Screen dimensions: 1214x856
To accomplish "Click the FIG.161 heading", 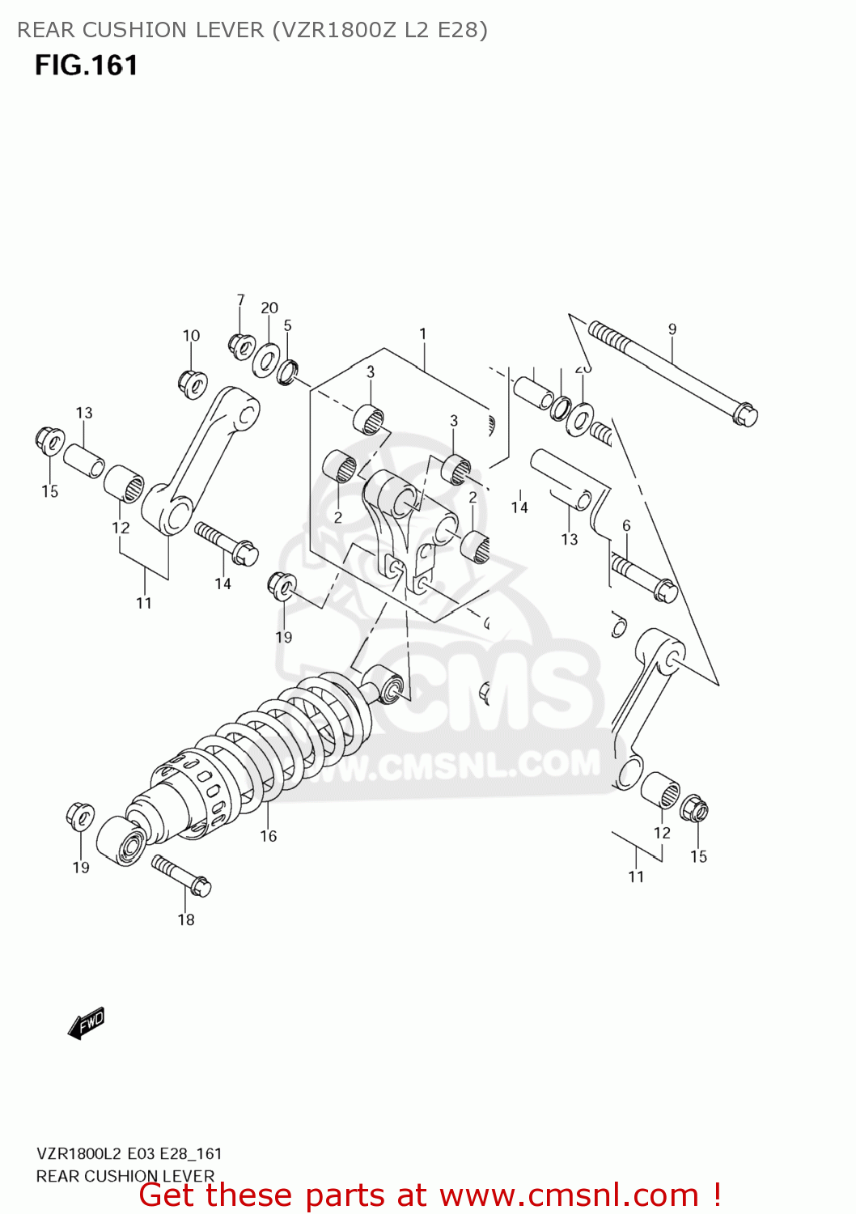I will (x=86, y=66).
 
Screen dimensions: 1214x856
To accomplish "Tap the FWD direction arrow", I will (x=87, y=1022).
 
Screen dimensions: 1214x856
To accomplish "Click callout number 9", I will (x=672, y=329).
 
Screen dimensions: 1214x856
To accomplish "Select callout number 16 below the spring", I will (x=269, y=836).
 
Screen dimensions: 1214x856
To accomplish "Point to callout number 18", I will (x=186, y=919).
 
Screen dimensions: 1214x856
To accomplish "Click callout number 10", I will (x=191, y=336).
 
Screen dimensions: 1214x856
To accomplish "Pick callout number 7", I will (x=240, y=300).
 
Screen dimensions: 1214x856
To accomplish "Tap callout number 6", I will (x=626, y=526).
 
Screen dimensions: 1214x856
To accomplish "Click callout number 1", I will (x=422, y=333).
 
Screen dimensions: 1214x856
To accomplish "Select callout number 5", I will (x=287, y=325).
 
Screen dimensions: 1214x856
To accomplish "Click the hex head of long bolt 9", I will (x=745, y=414).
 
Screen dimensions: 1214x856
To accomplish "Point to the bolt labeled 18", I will (x=182, y=876).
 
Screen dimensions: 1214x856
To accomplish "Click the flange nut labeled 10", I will (x=193, y=383).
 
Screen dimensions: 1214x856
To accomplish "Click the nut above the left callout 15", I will (x=50, y=441).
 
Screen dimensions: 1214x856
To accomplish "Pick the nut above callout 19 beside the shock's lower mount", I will (x=80, y=817).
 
